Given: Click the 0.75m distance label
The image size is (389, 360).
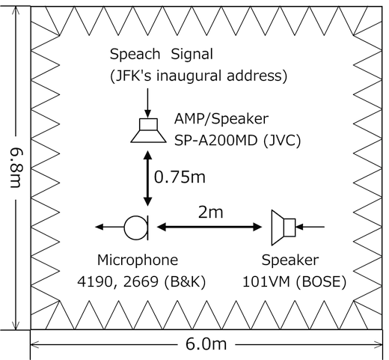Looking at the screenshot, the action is [x=180, y=177].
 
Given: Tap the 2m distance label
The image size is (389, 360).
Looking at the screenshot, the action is [x=211, y=213].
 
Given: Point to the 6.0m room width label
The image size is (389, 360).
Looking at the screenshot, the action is [x=206, y=344].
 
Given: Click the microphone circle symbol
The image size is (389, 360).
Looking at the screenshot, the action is [x=125, y=228].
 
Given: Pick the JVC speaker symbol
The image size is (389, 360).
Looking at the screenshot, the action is [x=149, y=130].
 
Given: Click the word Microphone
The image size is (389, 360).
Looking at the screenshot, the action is [x=138, y=260].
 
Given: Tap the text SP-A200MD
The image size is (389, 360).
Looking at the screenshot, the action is [x=215, y=140].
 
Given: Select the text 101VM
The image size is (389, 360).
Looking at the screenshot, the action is [x=266, y=282].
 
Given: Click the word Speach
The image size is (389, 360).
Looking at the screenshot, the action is [x=135, y=54].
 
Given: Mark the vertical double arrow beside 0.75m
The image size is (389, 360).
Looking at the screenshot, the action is [x=148, y=178].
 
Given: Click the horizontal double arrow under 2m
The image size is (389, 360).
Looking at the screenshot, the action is [x=209, y=227].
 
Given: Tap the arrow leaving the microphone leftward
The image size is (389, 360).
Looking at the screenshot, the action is [x=110, y=227].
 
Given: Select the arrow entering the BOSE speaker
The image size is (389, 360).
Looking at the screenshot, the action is [x=310, y=227].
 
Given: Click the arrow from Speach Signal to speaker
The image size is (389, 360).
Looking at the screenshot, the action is [x=148, y=103].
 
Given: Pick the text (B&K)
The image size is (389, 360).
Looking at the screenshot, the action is [x=185, y=282].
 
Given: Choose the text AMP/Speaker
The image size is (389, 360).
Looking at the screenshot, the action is [x=221, y=119].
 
